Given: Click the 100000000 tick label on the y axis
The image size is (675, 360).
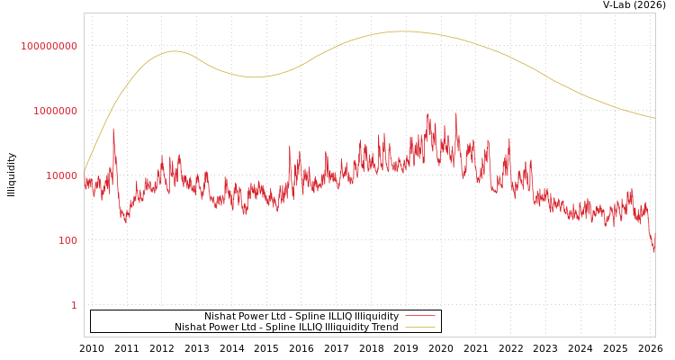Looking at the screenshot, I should coord(49,46).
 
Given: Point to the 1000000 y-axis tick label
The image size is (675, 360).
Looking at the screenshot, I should coord(56,111).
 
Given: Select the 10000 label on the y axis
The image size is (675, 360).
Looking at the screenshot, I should coord(62,175).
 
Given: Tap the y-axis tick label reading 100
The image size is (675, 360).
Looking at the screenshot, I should coord(68,240).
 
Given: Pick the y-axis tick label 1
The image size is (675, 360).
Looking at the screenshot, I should coord(75,305).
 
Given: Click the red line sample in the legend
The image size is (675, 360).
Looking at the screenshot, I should coord(419,317).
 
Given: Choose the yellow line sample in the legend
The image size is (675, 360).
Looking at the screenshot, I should coord(419,328).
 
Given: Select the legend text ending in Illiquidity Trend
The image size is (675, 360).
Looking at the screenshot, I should coord(286,328).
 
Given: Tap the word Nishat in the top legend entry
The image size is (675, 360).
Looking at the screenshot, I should coord(220,317).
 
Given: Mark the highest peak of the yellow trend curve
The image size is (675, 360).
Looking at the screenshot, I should coord(402,31).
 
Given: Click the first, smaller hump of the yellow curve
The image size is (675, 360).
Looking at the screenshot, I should coord(175,51).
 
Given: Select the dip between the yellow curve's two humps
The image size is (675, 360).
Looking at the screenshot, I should coord(256,77).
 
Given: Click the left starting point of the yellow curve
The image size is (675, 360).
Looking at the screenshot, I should coord(85,171).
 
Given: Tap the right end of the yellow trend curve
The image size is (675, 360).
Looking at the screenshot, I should coord(654,118).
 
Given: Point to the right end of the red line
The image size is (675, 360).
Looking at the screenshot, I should coord(654,252).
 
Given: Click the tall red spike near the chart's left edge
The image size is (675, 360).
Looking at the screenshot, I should coord(113,129).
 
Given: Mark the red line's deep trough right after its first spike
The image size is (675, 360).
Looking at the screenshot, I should coord(126,221).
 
